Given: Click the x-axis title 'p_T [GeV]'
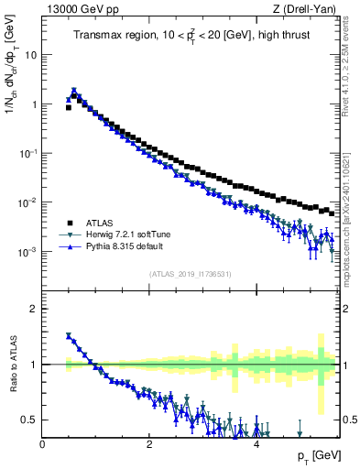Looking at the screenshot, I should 315,455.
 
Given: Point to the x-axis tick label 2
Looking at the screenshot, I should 149,443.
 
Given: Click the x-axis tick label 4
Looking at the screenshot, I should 256,443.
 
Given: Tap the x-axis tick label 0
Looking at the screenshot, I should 42,443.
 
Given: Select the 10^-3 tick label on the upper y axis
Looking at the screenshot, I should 27,252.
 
